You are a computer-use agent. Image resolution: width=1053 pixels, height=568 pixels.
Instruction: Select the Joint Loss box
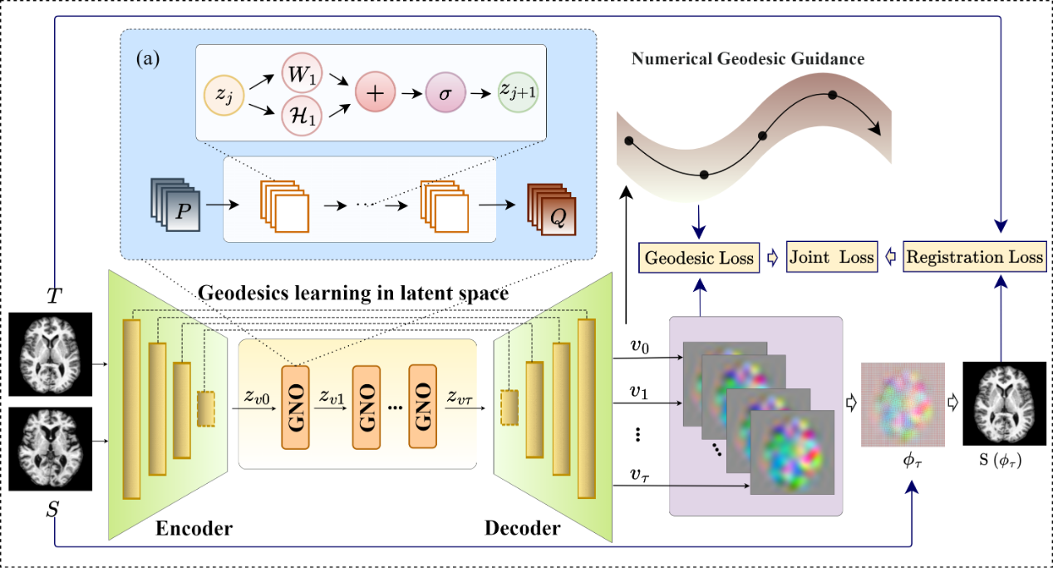[830, 257]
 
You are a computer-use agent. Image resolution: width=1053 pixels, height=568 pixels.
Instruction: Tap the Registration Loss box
[973, 257]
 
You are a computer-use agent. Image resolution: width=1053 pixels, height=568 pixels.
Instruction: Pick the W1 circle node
[302, 74]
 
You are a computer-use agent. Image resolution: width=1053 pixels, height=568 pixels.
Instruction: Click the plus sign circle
[376, 94]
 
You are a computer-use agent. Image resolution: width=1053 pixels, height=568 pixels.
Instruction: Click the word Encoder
[195, 528]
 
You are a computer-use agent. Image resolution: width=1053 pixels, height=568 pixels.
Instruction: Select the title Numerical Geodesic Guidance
[748, 59]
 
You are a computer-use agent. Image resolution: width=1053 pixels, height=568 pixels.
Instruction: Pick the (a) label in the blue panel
[149, 59]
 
